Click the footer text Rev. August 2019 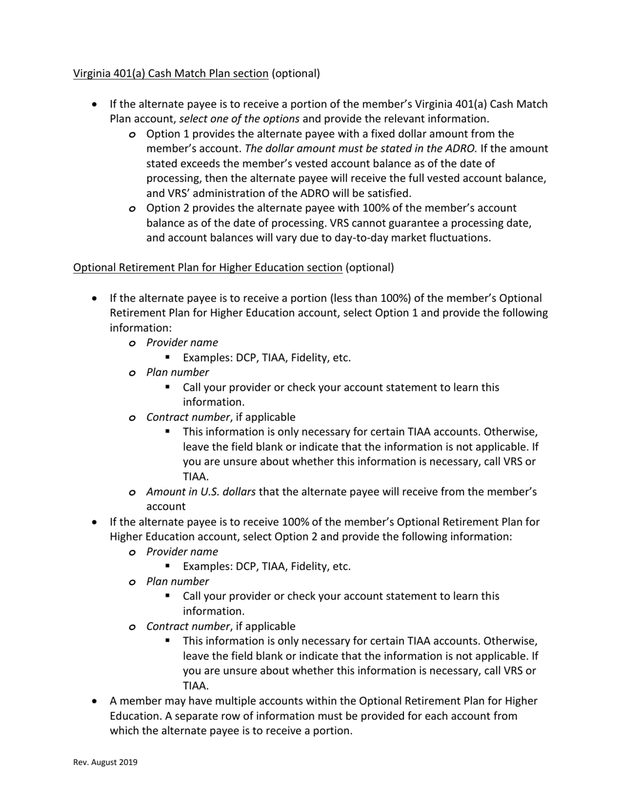coord(105,762)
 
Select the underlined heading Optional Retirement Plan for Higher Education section coord(208,268)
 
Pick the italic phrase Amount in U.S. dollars coord(201,492)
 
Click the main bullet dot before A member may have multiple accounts coord(96,702)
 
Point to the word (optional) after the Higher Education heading coord(370,268)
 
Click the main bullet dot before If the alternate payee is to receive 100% coord(96,522)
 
